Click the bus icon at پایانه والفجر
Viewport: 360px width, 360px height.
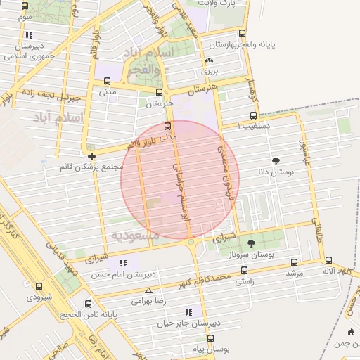click(x=243, y=33)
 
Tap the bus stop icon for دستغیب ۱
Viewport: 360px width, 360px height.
click(x=253, y=116)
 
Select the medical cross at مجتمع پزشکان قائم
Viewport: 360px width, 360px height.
click(x=91, y=155)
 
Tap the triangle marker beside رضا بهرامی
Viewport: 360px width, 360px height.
click(x=148, y=290)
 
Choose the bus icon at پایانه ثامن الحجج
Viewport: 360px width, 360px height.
click(x=88, y=304)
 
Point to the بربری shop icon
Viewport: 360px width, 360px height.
click(x=210, y=60)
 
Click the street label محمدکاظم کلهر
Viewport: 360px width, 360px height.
click(x=224, y=278)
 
